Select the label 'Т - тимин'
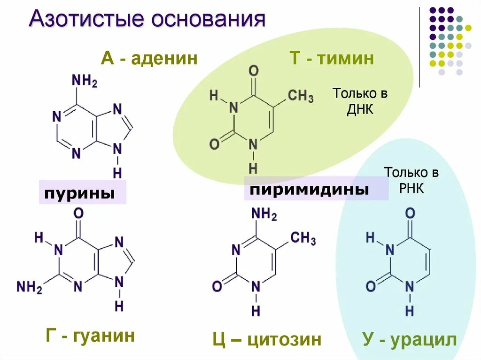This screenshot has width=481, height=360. tap(332, 59)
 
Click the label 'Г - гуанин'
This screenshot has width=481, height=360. tap(91, 336)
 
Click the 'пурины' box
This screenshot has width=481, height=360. tap(83, 191)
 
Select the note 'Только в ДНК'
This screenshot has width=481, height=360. tap(360, 101)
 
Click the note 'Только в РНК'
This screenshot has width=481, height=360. tap(411, 180)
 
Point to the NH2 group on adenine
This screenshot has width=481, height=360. tap(84, 81)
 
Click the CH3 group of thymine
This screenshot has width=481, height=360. tap(301, 97)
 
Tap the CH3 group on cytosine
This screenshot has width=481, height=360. tap(303, 238)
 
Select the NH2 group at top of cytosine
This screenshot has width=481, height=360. tap(264, 214)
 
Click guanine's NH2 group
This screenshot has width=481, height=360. tap(29, 286)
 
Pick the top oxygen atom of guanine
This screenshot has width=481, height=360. tap(78, 214)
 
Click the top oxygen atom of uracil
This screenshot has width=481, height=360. tap(410, 214)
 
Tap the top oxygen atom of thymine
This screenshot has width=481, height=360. tap(253, 72)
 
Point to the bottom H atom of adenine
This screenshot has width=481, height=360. tap(117, 173)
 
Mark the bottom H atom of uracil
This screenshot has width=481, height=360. tap(410, 310)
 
